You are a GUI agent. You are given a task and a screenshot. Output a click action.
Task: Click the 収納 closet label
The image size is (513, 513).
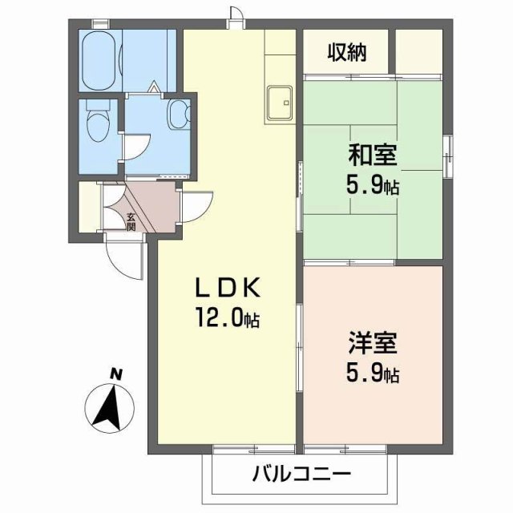click(x=346, y=53)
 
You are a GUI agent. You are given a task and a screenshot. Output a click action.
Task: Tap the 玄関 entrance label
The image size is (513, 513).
click(x=131, y=220)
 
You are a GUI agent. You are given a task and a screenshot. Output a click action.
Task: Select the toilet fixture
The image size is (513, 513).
click(x=97, y=126)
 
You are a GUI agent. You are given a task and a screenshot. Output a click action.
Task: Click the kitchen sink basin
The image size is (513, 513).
click(x=281, y=103)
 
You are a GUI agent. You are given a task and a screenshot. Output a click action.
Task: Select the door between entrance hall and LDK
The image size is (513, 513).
click(x=195, y=204)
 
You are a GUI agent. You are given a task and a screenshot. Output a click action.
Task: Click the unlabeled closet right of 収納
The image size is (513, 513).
click(x=419, y=53)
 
